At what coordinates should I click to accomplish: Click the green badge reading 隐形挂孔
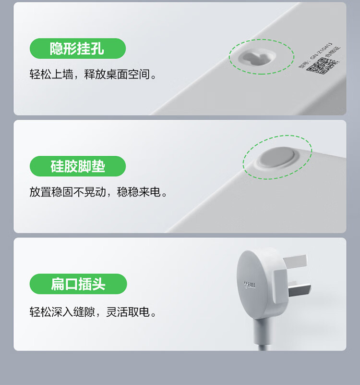point(77,49)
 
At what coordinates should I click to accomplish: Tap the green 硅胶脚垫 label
point(77,166)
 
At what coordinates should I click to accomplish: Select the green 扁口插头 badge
point(78,284)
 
